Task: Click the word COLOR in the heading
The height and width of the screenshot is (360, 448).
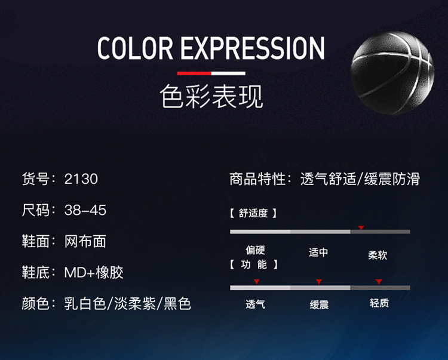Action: coord(135,48)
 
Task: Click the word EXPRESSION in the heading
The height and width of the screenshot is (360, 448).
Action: coord(253,48)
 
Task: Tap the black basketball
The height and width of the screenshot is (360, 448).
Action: coord(392,73)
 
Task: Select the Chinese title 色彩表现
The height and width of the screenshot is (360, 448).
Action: coord(211,96)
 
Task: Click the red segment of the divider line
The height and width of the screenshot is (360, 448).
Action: coord(194,73)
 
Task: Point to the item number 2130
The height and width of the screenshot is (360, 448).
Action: coord(81,179)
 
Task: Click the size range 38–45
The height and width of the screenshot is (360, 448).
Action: coord(85,210)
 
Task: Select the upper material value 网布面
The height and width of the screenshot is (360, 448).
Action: coord(85,241)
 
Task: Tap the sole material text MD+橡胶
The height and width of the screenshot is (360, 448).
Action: coord(94,272)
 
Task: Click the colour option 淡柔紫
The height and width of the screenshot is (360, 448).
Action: coord(135,303)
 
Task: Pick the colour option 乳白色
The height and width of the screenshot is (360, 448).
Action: coord(85,303)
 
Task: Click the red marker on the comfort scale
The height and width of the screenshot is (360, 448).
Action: coord(361,227)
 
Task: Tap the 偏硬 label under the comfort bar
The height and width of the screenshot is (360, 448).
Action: coord(256,250)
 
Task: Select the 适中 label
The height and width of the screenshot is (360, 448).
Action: coord(318,253)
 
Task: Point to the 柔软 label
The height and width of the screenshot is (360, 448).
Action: coord(378,255)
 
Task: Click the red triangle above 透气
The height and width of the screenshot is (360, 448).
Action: coord(257,282)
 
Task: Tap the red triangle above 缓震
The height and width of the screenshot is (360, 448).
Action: coord(319,282)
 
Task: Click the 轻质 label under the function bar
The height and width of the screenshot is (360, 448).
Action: coord(379,303)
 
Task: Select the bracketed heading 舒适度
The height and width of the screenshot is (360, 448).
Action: coord(253,213)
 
